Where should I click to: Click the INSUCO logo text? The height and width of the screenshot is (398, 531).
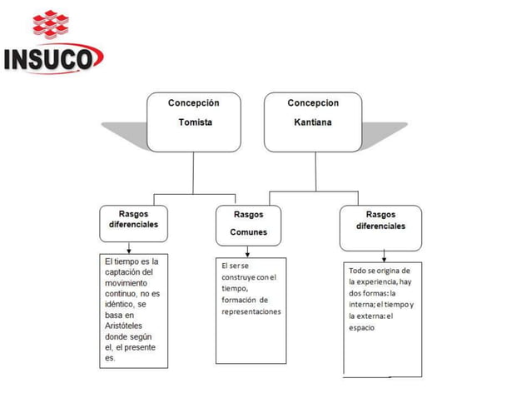52,60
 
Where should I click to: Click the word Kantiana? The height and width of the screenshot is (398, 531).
313,122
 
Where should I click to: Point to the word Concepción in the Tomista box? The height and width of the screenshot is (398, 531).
194,103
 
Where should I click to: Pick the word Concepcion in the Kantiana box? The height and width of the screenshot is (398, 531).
313,103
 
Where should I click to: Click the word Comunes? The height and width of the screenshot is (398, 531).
249,232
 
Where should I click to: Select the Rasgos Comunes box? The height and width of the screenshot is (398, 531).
249,223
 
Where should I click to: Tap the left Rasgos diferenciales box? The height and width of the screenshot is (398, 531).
133,220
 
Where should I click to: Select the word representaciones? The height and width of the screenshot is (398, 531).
251,311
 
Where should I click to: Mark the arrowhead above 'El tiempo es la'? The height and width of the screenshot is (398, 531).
129,249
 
